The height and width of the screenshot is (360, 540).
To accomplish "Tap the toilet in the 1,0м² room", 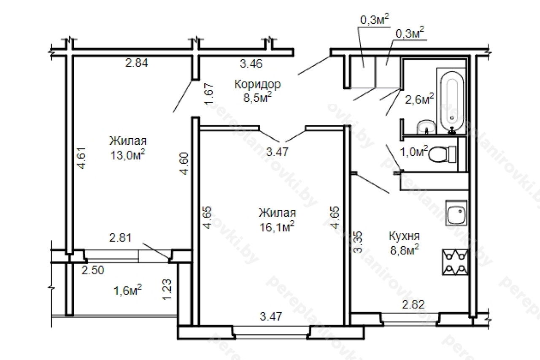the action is (443, 154).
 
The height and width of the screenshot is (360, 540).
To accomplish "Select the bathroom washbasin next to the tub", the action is (426, 126).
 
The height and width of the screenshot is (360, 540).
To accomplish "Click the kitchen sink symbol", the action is (456, 213).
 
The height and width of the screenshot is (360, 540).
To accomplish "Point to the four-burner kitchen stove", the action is (455, 263).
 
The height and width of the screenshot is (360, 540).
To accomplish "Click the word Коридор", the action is (257, 85).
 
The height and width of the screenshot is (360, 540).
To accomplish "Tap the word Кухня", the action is (404, 236).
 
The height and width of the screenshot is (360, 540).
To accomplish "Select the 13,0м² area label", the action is (128, 155).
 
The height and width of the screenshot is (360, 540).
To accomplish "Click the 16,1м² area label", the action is (277, 227).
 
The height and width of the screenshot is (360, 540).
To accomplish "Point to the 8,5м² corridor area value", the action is (257, 97).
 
